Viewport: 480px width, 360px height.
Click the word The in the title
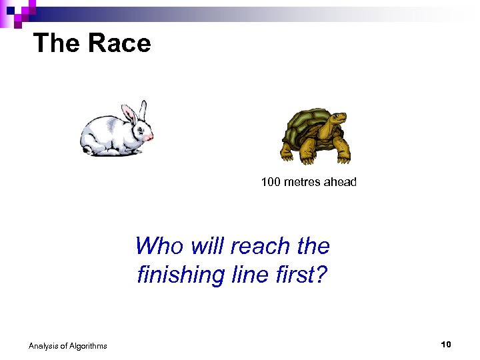pos(56,44)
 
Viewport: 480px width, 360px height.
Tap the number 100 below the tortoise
pos(271,181)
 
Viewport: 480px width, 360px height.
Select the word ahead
pos(340,181)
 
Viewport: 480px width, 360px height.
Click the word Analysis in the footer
pos(43,345)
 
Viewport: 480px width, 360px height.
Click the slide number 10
pos(446,344)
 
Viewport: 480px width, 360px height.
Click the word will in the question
pos(205,246)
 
